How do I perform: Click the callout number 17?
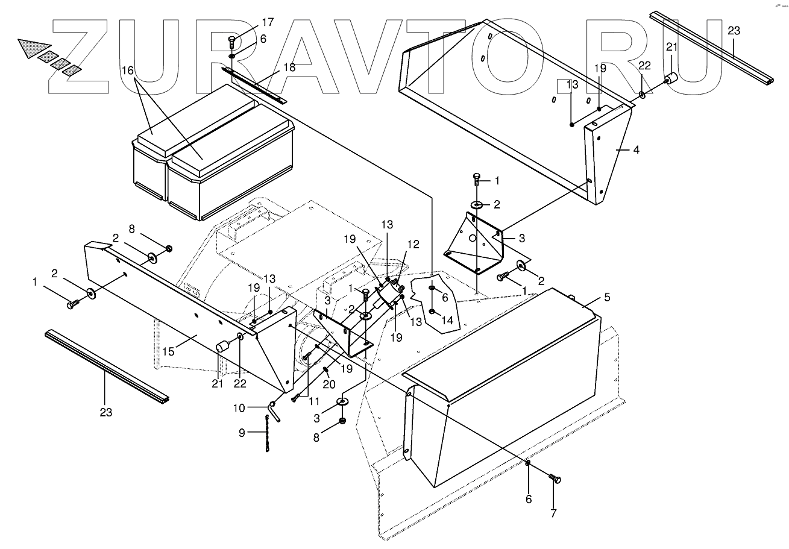(x=267, y=22)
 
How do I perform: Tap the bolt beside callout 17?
(x=232, y=42)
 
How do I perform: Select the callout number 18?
(x=289, y=67)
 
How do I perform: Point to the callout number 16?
(x=127, y=71)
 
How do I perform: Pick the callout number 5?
(x=607, y=296)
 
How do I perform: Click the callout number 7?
(x=553, y=513)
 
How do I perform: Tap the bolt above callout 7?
(x=556, y=479)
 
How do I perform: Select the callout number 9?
(x=242, y=432)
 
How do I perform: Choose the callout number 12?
(x=412, y=245)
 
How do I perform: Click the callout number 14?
(x=447, y=320)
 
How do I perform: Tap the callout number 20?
(x=328, y=383)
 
